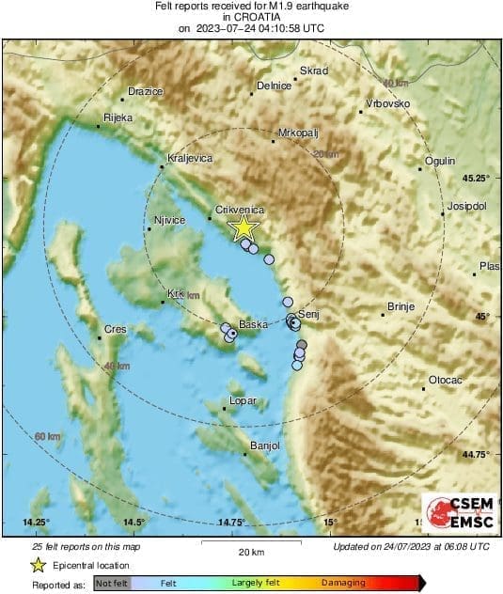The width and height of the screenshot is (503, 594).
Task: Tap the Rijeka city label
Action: pos(118,117)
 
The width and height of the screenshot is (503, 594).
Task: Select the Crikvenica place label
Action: pos(240,211)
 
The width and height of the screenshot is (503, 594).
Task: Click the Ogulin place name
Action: pos(440,161)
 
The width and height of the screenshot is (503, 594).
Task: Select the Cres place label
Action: pos(114,329)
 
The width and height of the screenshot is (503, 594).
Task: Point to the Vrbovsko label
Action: pos(387,102)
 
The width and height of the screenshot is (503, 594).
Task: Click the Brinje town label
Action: pos(401,306)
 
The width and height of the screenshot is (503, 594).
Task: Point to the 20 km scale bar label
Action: pos(251,552)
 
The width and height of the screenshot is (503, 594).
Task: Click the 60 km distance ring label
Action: pos(47,437)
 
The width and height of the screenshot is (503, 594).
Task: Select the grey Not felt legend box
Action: pos(112,584)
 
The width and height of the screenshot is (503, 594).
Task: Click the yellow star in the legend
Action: pos(38,566)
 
